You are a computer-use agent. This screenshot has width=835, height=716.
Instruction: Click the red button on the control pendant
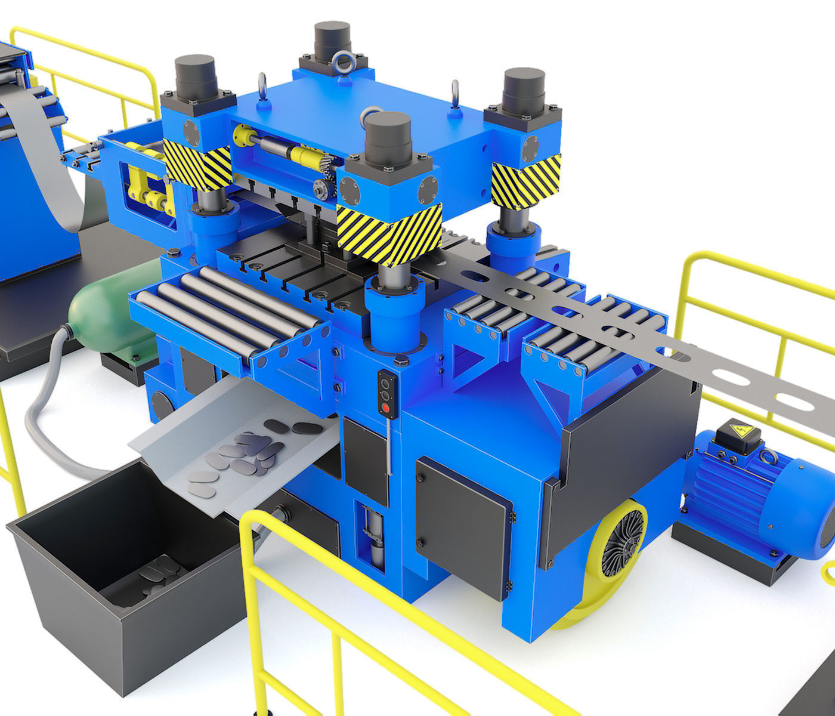385,408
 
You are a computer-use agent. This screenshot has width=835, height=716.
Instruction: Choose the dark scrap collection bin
119,573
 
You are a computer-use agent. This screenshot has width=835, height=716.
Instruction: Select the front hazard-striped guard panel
389,232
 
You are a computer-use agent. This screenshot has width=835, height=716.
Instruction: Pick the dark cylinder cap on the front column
388,135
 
